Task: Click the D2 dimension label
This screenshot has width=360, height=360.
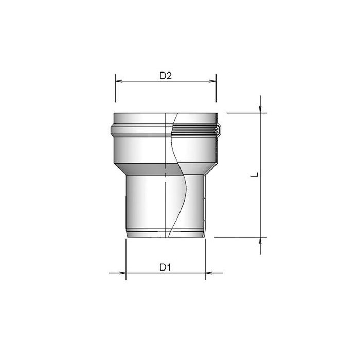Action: tap(166, 76)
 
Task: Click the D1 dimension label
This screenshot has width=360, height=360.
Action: tap(165, 267)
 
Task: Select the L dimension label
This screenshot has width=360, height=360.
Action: tap(255, 175)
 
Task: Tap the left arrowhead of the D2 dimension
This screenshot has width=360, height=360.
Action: tap(119, 81)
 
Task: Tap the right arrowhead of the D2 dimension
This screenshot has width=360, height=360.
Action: tap(212, 81)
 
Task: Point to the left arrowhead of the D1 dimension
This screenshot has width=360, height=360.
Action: tap(122, 273)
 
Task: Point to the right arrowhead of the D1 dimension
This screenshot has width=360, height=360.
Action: tap(209, 273)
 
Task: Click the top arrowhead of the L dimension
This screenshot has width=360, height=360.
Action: tap(260, 109)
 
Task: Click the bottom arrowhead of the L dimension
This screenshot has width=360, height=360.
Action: tap(260, 241)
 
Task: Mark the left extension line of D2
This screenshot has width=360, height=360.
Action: tap(115, 88)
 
